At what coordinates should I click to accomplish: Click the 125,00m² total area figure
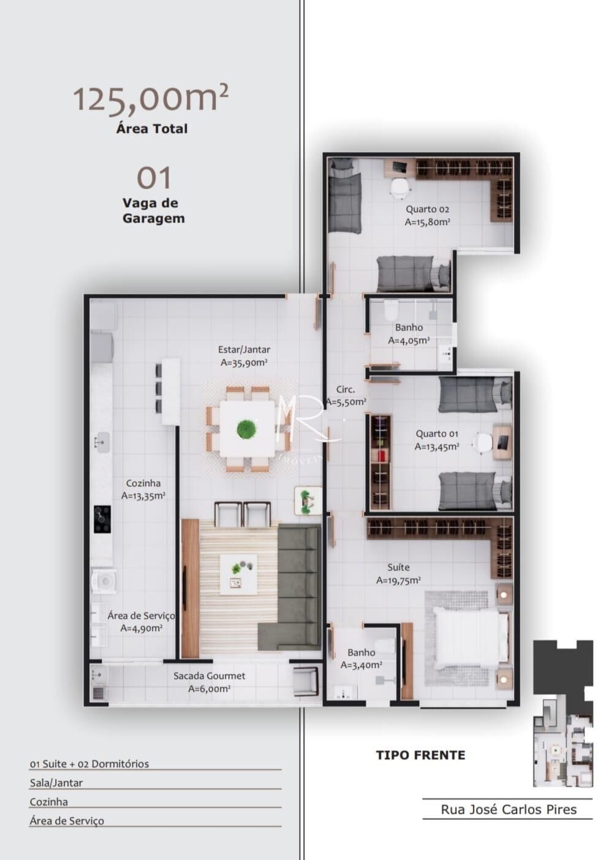pos(150,98)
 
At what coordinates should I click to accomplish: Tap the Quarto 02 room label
pos(427,215)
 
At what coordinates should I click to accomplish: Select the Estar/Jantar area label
pos(244,356)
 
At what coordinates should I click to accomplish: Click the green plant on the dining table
pos(247,429)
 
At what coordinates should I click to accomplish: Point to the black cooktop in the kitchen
pos(102,519)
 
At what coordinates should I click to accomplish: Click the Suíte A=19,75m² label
pos(398,574)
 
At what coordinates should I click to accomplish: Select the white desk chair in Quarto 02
pos(399,188)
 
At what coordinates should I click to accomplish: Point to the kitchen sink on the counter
pos(102,442)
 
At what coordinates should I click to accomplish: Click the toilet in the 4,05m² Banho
pos(391,311)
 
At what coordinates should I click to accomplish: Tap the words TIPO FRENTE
pos(420,755)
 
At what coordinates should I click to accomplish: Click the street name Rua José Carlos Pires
pos(508,810)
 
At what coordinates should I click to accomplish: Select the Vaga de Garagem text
pos(153,210)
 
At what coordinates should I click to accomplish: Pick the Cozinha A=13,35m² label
pos(143,490)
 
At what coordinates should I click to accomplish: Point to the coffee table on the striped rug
pos(238,574)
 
